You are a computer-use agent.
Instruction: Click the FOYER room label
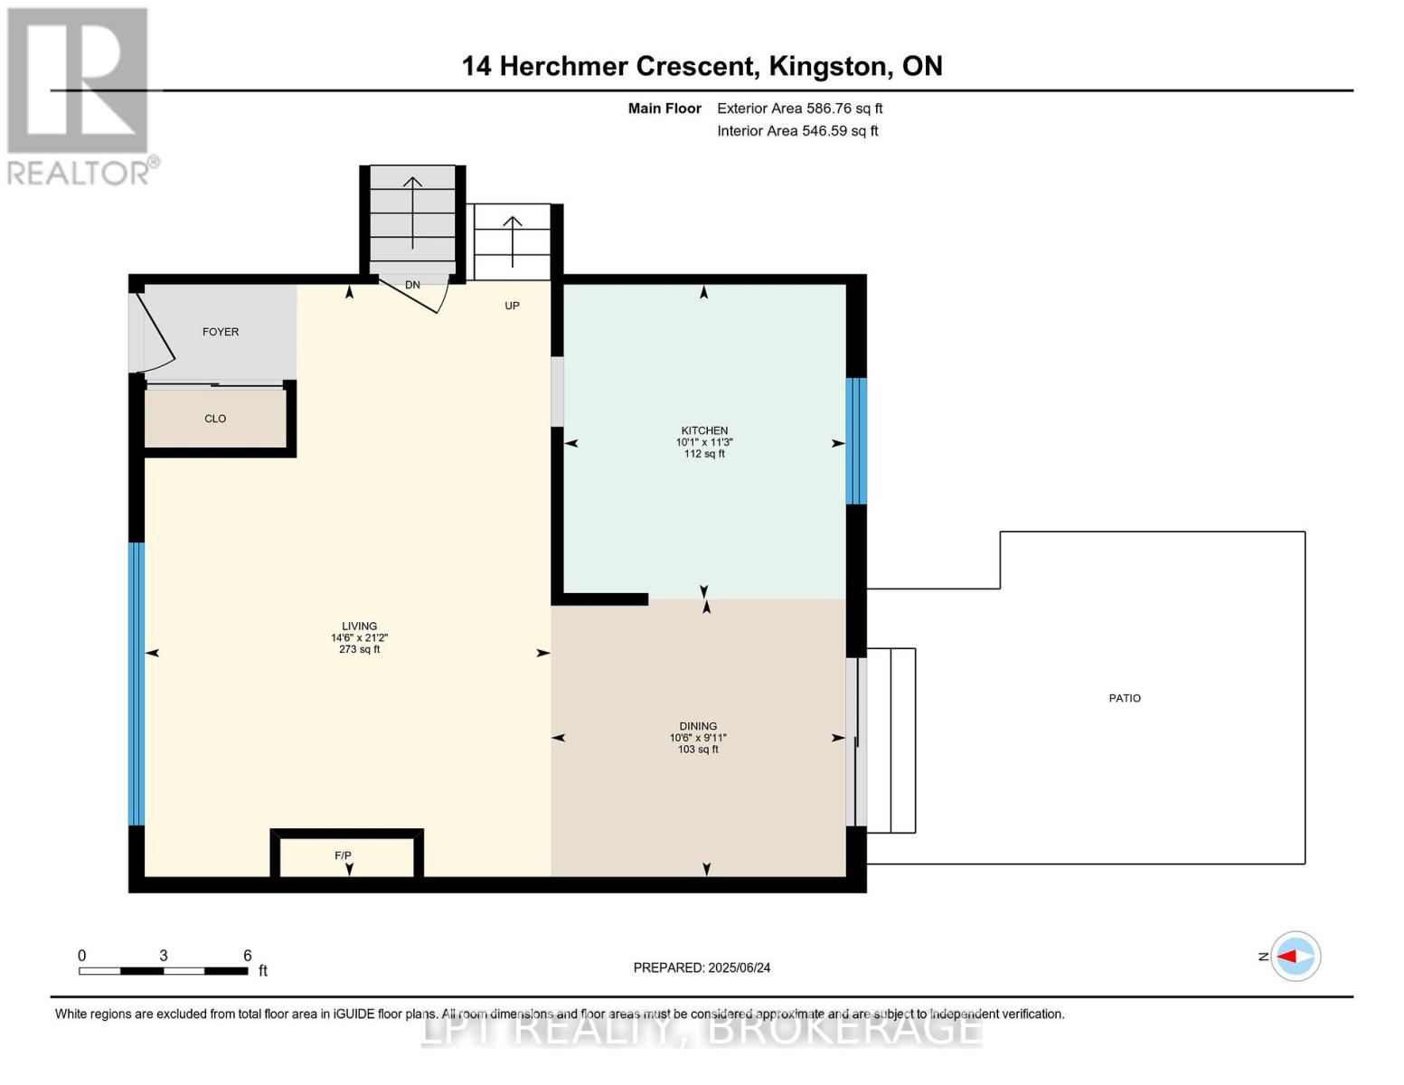click(x=221, y=332)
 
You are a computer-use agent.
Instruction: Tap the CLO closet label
click(x=215, y=419)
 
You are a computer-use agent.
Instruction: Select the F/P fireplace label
click(x=343, y=855)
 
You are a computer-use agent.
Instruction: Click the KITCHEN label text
click(x=704, y=430)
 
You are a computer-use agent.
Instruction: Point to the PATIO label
click(x=1125, y=698)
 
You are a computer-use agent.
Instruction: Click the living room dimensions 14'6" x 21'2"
click(x=359, y=637)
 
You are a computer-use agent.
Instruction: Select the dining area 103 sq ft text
click(x=698, y=750)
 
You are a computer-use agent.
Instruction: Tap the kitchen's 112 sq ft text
click(x=704, y=454)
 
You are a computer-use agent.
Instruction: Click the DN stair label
click(x=412, y=285)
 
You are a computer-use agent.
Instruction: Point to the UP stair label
click(x=512, y=306)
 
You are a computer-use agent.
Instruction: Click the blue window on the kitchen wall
click(x=856, y=440)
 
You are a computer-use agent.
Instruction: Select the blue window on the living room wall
click(x=137, y=684)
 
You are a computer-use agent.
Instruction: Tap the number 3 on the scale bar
click(x=163, y=956)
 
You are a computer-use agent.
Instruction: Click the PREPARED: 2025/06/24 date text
click(x=702, y=967)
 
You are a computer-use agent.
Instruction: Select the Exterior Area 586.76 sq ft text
click(x=799, y=108)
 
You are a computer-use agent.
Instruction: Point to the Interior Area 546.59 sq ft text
click(x=797, y=131)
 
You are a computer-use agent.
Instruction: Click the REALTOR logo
click(x=80, y=95)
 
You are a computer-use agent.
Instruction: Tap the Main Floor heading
click(x=664, y=108)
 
